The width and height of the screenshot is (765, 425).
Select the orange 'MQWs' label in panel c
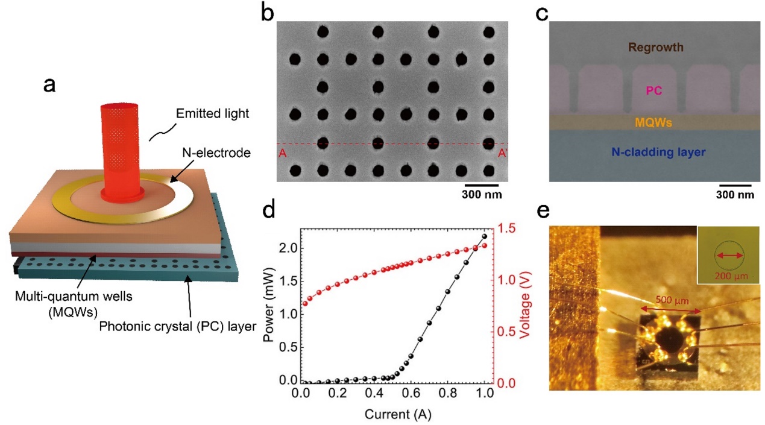pos(653,122)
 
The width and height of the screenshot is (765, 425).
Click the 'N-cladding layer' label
pos(653,153)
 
